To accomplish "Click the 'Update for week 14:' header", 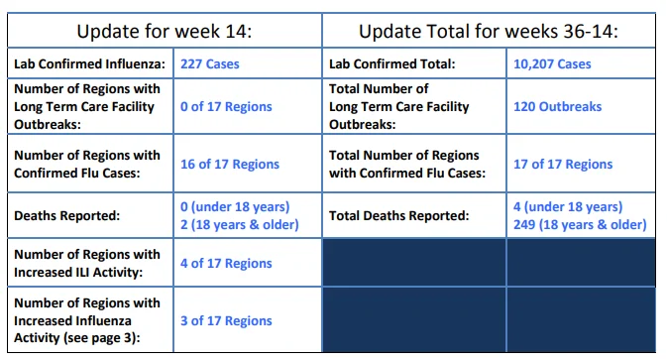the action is [x=165, y=31].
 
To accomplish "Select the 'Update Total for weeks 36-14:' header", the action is [x=489, y=31].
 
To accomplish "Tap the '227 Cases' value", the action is [x=210, y=63].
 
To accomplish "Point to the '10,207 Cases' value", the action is [x=552, y=63].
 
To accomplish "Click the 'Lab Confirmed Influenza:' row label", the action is [x=89, y=63].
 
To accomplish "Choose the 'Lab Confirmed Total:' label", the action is [x=391, y=63].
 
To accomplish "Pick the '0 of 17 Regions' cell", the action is [x=226, y=106].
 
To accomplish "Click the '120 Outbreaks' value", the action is [x=557, y=106].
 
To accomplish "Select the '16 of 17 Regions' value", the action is [x=230, y=164].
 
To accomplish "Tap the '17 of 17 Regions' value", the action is [x=563, y=164].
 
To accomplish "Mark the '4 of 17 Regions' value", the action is [x=226, y=263].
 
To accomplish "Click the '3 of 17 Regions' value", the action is [x=226, y=320].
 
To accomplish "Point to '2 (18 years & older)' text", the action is [x=240, y=225].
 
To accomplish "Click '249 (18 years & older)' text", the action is [x=580, y=225].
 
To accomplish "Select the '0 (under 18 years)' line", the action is [x=235, y=207].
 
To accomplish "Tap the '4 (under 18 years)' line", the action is [x=568, y=207].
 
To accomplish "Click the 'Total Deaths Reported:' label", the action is [x=399, y=216].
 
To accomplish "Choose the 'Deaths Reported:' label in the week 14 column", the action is [x=66, y=216].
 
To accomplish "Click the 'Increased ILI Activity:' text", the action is [x=78, y=273].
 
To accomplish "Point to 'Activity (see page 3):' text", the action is [x=77, y=338].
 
